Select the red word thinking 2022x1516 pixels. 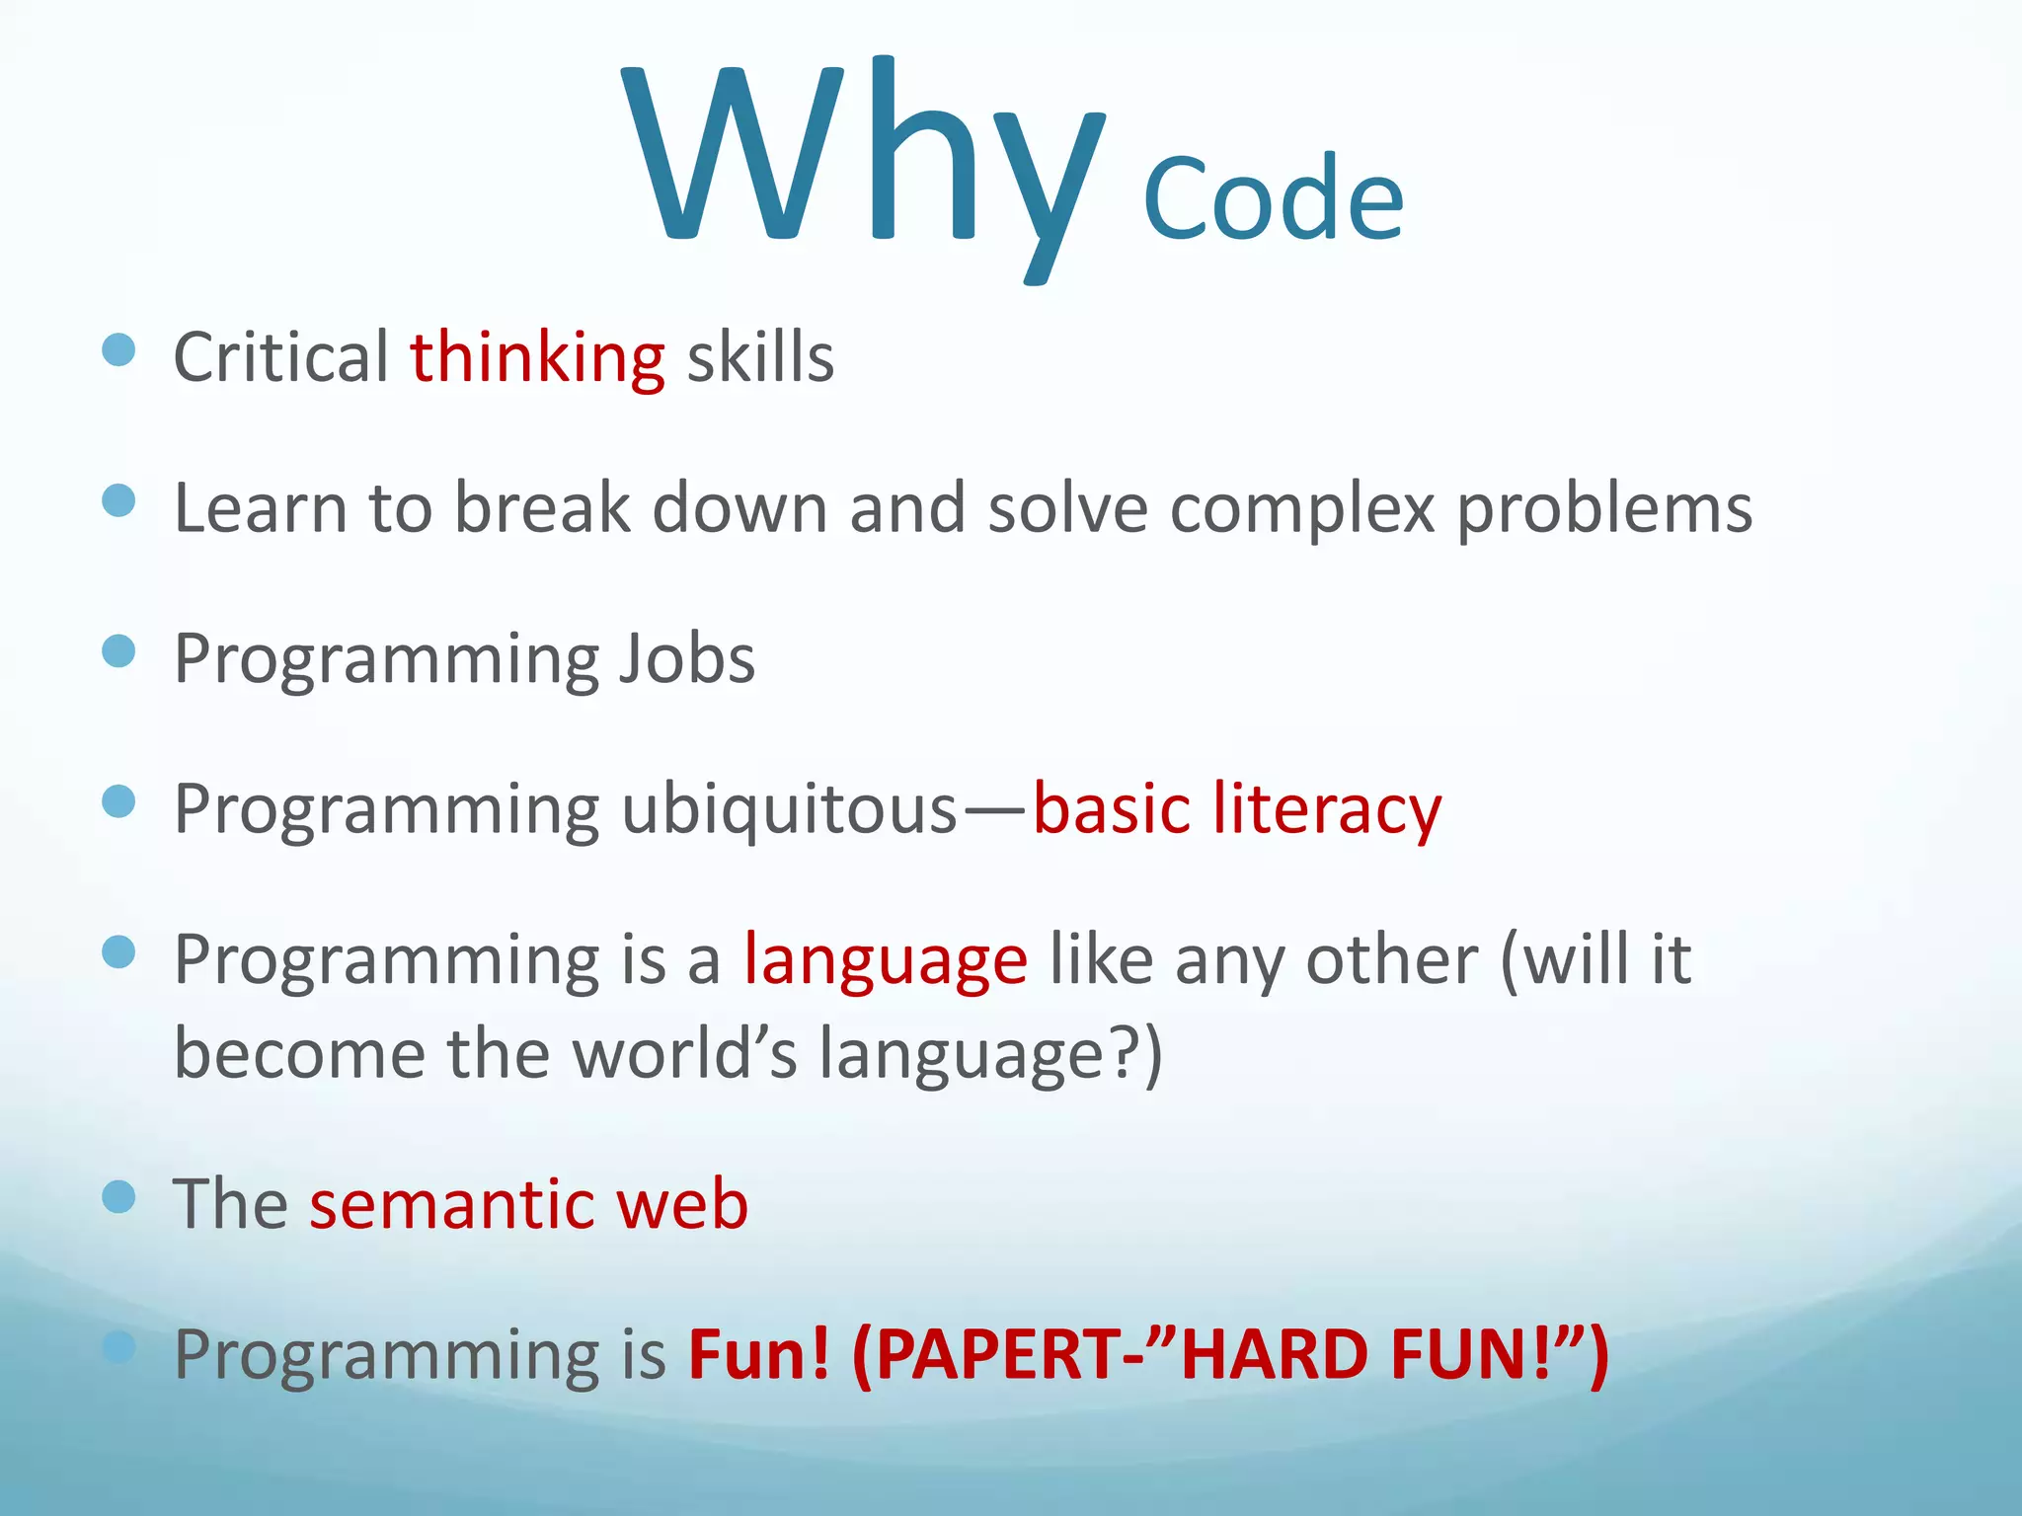click(x=537, y=357)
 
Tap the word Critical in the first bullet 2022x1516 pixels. click(x=280, y=357)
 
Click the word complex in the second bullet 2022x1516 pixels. click(x=1301, y=509)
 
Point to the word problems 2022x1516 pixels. click(x=1603, y=509)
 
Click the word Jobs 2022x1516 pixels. click(x=686, y=659)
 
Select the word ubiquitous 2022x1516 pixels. click(x=789, y=810)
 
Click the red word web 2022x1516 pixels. click(x=682, y=1205)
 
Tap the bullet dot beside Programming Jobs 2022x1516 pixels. click(x=118, y=651)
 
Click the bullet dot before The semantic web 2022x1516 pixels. click(x=118, y=1197)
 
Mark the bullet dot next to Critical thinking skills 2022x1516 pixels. click(x=118, y=349)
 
